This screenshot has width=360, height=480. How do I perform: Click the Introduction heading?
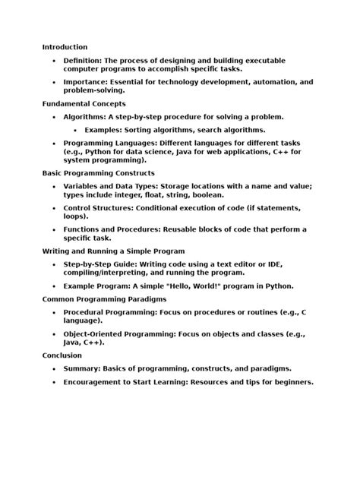pos(65,47)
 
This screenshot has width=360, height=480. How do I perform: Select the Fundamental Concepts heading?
pos(84,103)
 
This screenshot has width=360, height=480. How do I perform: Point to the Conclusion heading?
pos(62,355)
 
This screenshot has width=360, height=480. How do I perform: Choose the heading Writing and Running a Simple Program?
pos(113,251)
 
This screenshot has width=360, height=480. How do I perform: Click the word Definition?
pos(82,60)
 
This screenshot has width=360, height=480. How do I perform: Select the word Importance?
pos(84,81)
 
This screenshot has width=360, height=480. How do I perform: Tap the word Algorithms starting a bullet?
pos(84,117)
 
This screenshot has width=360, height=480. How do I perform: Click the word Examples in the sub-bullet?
pos(104,130)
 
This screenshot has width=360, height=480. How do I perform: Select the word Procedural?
pos(85,312)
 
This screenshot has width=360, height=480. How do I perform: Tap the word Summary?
pos(81,368)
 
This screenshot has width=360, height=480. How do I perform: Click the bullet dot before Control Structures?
pos(53,207)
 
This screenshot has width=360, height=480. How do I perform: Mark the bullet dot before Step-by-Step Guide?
pos(53,264)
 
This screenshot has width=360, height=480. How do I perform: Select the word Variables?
pos(84,185)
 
